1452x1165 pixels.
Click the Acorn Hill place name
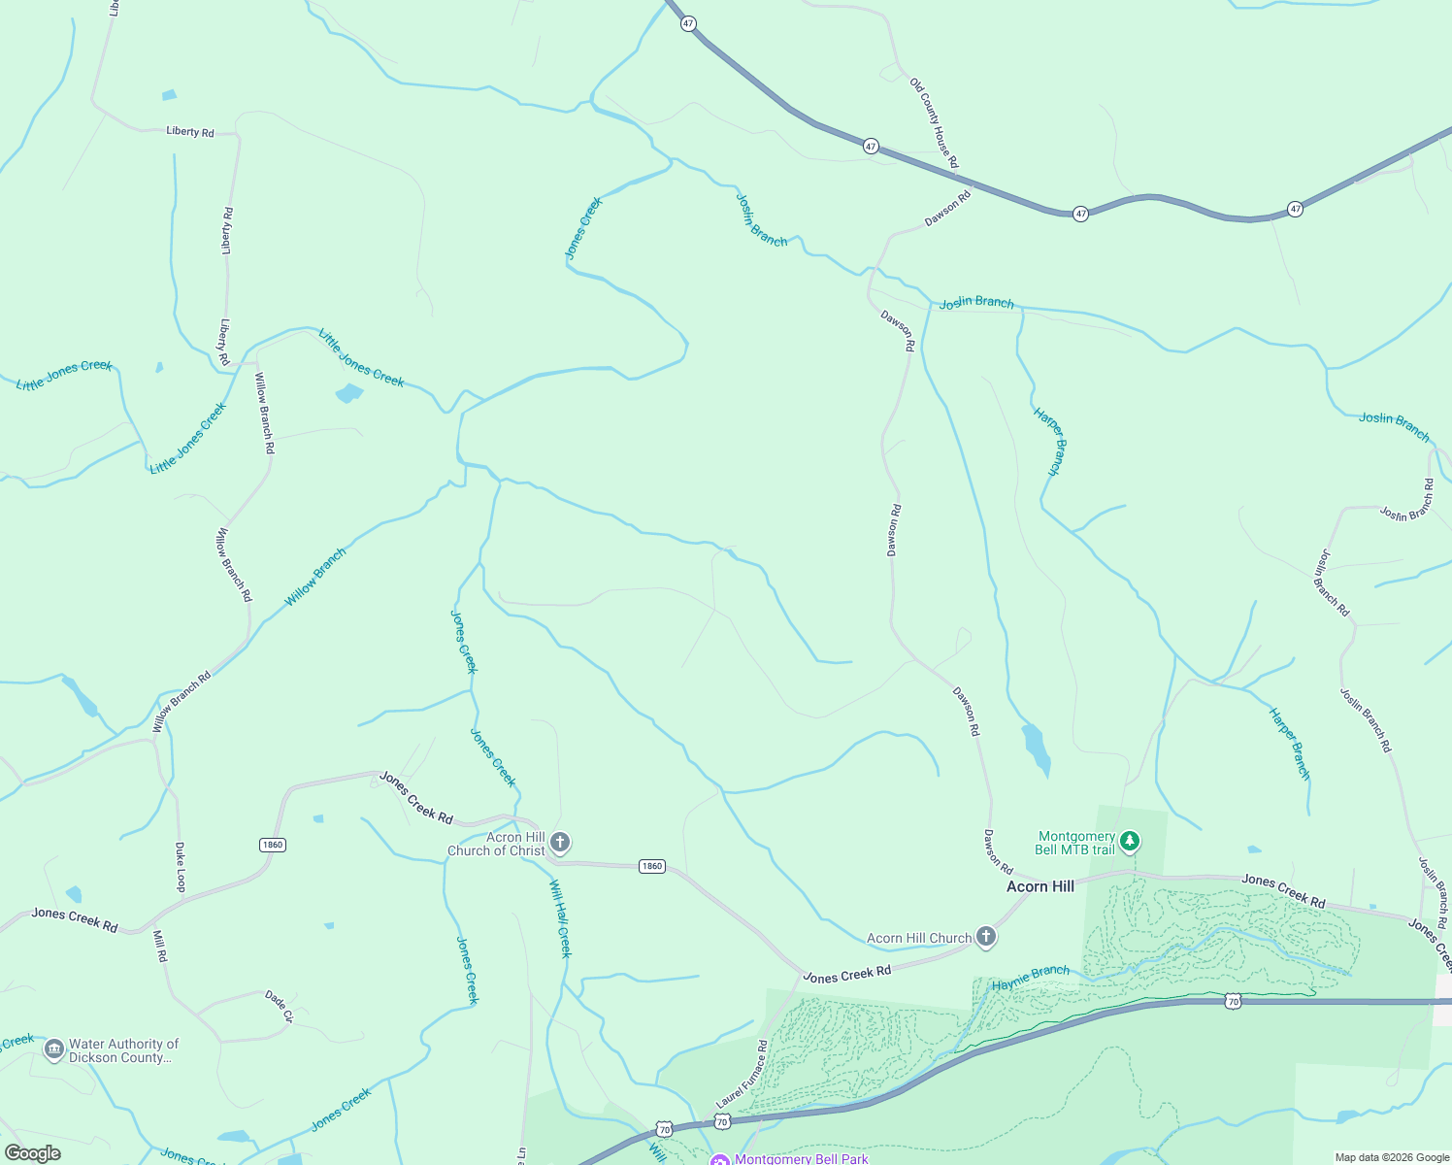click(x=1039, y=886)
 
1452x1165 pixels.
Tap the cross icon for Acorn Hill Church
click(x=986, y=936)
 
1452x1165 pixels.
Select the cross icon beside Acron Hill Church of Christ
click(x=559, y=842)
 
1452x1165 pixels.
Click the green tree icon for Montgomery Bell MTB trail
click(x=1129, y=841)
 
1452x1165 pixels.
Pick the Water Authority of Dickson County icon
click(x=53, y=1049)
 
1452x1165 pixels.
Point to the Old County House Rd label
click(x=934, y=123)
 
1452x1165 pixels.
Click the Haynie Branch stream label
click(x=1030, y=978)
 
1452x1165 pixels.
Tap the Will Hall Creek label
click(x=560, y=918)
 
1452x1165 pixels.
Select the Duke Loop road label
click(x=180, y=867)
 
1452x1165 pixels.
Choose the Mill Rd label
click(x=160, y=946)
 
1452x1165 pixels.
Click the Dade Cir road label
click(x=279, y=1007)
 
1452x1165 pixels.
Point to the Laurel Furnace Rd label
click(x=742, y=1074)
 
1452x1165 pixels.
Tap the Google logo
click(x=33, y=1153)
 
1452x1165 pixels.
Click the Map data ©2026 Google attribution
click(x=1391, y=1157)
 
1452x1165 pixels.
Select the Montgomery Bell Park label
click(x=801, y=1159)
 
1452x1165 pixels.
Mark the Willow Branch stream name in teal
click(x=314, y=578)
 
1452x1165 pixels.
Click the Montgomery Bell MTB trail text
click(x=1075, y=843)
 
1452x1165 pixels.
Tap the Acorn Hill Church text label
click(x=918, y=938)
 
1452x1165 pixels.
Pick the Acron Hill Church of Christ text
click(x=496, y=844)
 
